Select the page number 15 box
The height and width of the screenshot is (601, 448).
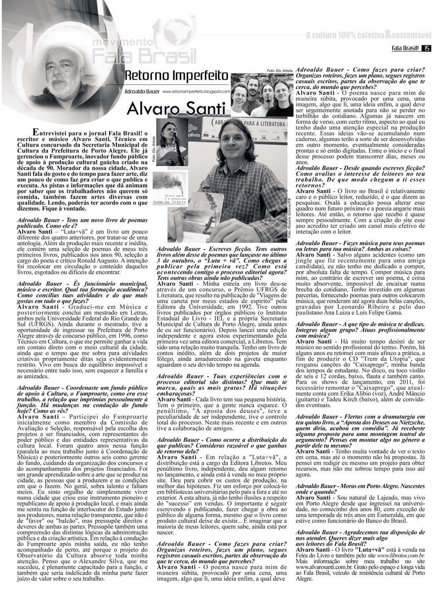(426, 49)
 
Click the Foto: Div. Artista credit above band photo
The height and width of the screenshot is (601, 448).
(279, 71)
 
